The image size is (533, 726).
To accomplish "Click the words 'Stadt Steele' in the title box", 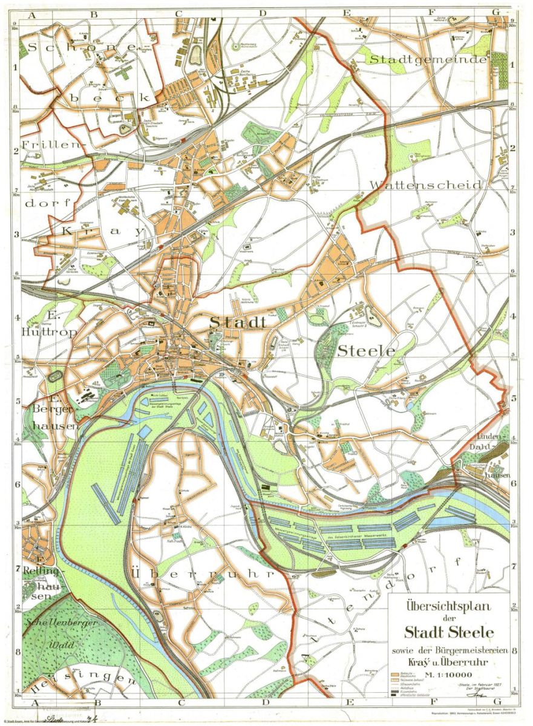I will coord(449,633).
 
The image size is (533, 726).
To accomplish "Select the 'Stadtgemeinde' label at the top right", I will coord(428,59).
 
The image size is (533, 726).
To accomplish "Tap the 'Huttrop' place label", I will coord(42,332).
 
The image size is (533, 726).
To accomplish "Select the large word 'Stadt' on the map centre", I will coord(238,323).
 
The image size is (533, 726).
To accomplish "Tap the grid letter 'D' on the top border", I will coord(263,12).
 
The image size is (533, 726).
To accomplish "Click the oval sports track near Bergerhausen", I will coord(54,376).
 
